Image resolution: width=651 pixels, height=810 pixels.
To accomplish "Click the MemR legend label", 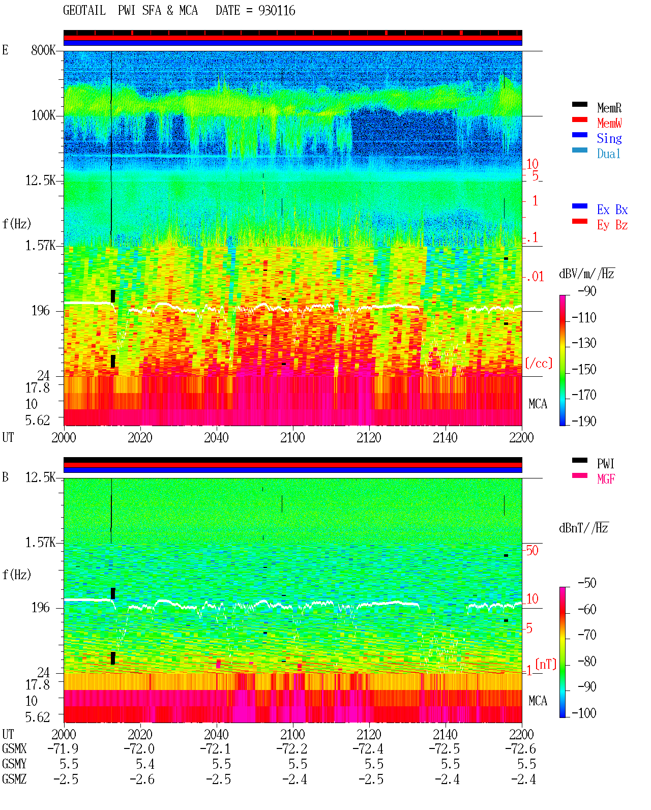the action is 609,108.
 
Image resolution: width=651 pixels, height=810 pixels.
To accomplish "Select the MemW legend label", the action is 609,123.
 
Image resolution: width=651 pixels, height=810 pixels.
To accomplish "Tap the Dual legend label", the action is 608,154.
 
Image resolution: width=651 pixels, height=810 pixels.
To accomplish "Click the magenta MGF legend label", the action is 606,479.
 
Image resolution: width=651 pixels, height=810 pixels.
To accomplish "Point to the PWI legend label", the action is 605,463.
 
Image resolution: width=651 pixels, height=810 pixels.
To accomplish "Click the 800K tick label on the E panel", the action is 43,50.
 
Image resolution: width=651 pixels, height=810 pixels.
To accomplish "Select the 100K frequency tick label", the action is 43,115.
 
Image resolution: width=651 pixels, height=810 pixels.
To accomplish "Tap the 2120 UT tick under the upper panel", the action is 369,437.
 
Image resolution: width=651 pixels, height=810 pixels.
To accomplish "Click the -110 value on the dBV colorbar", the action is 584,318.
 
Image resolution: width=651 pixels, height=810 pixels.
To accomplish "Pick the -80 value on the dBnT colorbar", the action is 587,662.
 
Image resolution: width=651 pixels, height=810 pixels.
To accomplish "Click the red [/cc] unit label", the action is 539,363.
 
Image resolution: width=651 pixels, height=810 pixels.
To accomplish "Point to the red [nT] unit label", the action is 546,664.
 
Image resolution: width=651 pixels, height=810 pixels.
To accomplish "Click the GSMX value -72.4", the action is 368,749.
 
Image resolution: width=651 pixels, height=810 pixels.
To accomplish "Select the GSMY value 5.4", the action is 145,764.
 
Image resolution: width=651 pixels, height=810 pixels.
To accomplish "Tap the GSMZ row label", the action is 14,779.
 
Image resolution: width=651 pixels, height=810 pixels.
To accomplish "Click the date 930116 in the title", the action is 277,11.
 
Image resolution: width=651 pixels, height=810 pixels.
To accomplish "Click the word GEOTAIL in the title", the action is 84,11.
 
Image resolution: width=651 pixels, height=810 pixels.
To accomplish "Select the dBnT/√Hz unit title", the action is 584,528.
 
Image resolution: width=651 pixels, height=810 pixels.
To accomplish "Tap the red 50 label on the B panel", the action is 532,551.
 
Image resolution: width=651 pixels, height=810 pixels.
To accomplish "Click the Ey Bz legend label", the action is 612,225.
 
